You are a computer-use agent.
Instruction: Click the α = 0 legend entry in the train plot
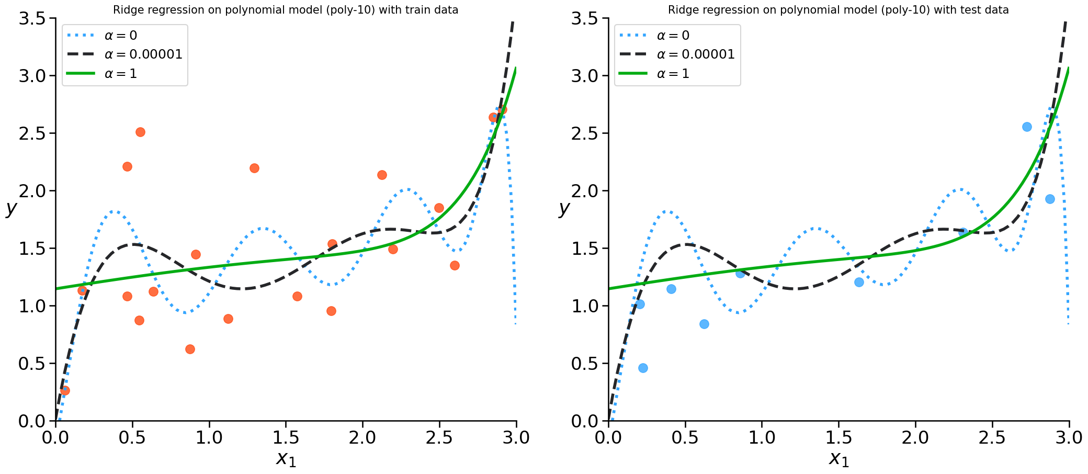[x=120, y=36]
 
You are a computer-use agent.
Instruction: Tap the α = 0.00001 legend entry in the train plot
[x=143, y=54]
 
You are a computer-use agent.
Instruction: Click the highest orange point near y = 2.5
[x=140, y=132]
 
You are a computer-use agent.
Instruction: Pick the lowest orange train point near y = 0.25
[x=65, y=390]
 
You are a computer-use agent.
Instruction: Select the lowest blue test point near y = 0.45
[x=643, y=368]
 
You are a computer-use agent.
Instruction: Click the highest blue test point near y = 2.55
[x=1027, y=127]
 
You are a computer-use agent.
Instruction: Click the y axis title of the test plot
[x=563, y=208]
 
